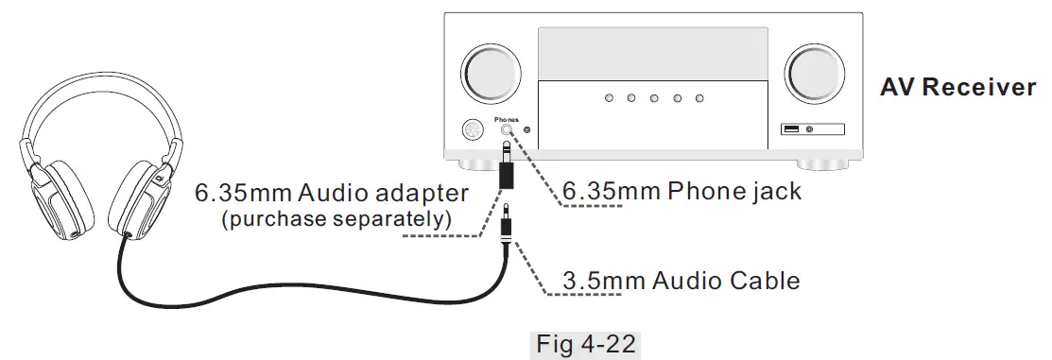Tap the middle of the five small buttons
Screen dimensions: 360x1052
[653, 98]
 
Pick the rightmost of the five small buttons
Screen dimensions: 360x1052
[699, 98]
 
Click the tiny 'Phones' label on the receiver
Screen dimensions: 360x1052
[506, 120]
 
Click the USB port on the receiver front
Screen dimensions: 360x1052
[791, 129]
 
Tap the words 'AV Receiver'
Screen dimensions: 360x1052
[957, 88]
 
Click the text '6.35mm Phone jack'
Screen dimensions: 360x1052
[681, 191]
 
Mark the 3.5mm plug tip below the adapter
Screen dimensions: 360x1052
[509, 211]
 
